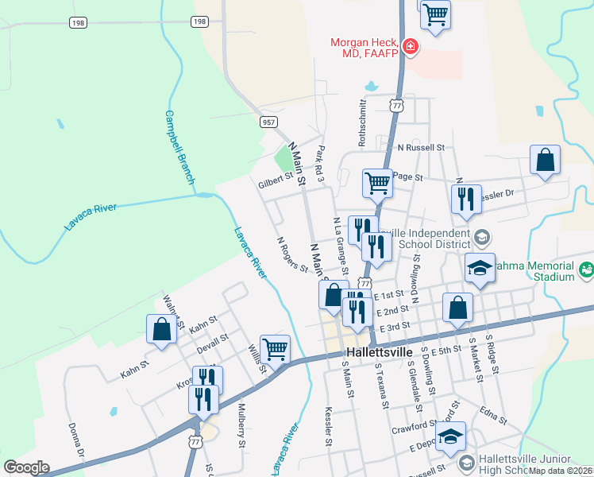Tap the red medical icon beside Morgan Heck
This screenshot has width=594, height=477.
(410, 48)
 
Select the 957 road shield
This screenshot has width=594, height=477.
(269, 122)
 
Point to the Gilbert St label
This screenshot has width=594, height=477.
(276, 184)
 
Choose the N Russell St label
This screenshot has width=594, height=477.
(422, 147)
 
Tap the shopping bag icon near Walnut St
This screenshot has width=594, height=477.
(161, 331)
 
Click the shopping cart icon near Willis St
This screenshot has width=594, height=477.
(275, 349)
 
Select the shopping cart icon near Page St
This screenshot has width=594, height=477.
(377, 183)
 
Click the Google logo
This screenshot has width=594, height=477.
(25, 467)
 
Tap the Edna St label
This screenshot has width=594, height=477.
(492, 413)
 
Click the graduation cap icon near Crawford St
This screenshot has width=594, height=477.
(450, 436)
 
